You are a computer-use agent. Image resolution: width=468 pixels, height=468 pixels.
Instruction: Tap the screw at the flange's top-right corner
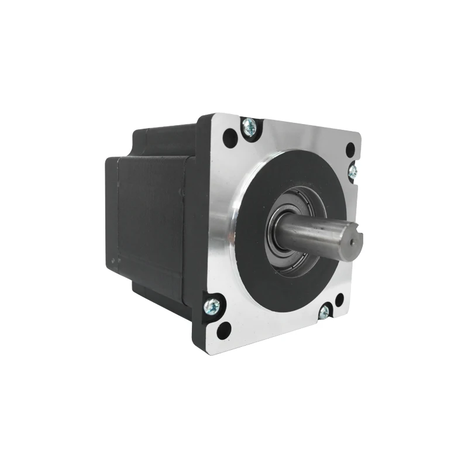point(353,171)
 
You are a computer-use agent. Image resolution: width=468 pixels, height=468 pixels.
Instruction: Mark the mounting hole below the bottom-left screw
point(223,331)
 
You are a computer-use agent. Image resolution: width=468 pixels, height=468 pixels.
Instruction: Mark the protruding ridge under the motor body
point(158,298)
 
